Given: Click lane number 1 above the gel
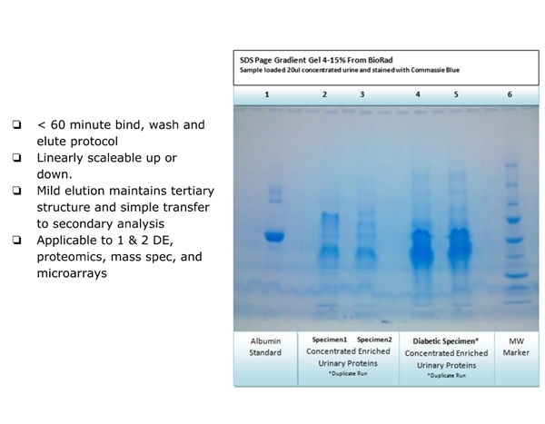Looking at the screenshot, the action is [x=266, y=94].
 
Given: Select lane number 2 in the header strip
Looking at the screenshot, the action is [x=324, y=94].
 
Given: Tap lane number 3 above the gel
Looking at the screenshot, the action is [x=362, y=94].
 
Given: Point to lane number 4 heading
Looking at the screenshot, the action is [x=418, y=94].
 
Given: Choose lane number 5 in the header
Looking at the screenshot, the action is [x=456, y=94].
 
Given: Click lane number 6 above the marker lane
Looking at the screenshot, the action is [x=510, y=94].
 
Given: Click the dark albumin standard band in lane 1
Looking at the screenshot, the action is [x=274, y=236].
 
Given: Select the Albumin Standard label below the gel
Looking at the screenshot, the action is [x=265, y=347].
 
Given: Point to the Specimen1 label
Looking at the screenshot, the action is [x=330, y=340].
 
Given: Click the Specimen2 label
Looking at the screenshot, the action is [x=374, y=340].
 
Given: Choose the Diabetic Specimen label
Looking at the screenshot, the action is [x=446, y=341].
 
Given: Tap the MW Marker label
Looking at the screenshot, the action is [x=516, y=347].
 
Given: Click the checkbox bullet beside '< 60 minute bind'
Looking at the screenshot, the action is [x=16, y=124].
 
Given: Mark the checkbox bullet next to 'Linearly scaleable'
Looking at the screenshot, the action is [x=16, y=157].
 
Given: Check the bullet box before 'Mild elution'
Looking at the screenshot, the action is [x=16, y=191].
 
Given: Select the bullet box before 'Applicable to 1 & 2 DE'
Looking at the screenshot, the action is [x=16, y=240].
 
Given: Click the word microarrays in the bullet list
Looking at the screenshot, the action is [x=72, y=273].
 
